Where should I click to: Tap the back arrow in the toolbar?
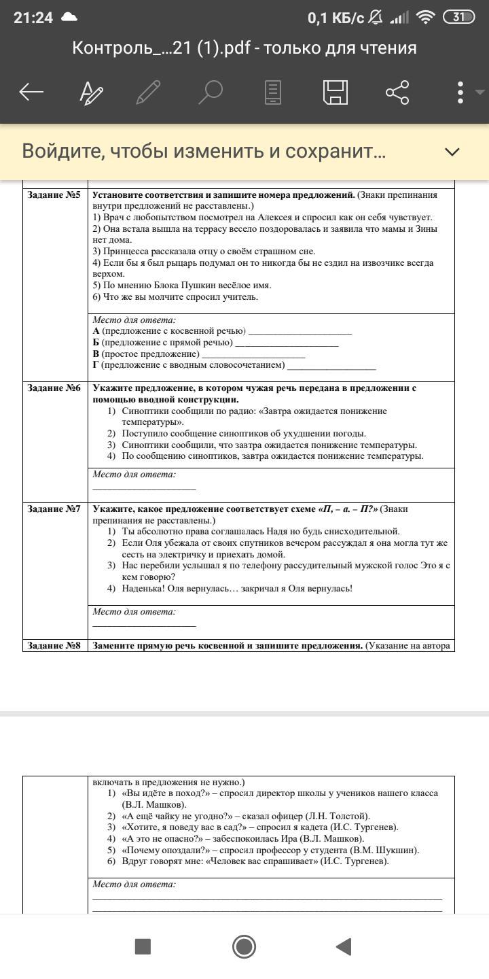point(31,92)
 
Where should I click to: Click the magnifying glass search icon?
point(211,92)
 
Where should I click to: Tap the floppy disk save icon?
point(335,92)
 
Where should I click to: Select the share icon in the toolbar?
point(397,92)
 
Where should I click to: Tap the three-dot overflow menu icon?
point(460,92)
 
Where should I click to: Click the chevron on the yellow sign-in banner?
point(452,152)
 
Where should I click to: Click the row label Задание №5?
point(54,195)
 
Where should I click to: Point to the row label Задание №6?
point(54,388)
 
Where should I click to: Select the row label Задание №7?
point(54,509)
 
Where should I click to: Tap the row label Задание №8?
point(54,645)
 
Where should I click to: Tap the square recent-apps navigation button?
point(143,946)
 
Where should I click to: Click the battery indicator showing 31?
point(459,18)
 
